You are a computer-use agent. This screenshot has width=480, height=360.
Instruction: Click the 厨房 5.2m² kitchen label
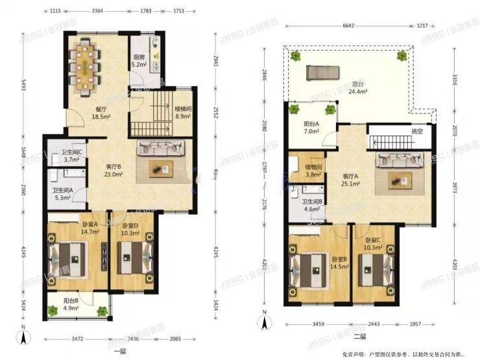point(139,61)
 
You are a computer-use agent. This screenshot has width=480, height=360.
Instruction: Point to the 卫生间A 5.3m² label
point(64,195)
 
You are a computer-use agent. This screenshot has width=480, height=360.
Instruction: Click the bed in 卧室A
point(67,260)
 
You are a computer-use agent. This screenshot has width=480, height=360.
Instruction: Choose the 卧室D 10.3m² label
point(131,228)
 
